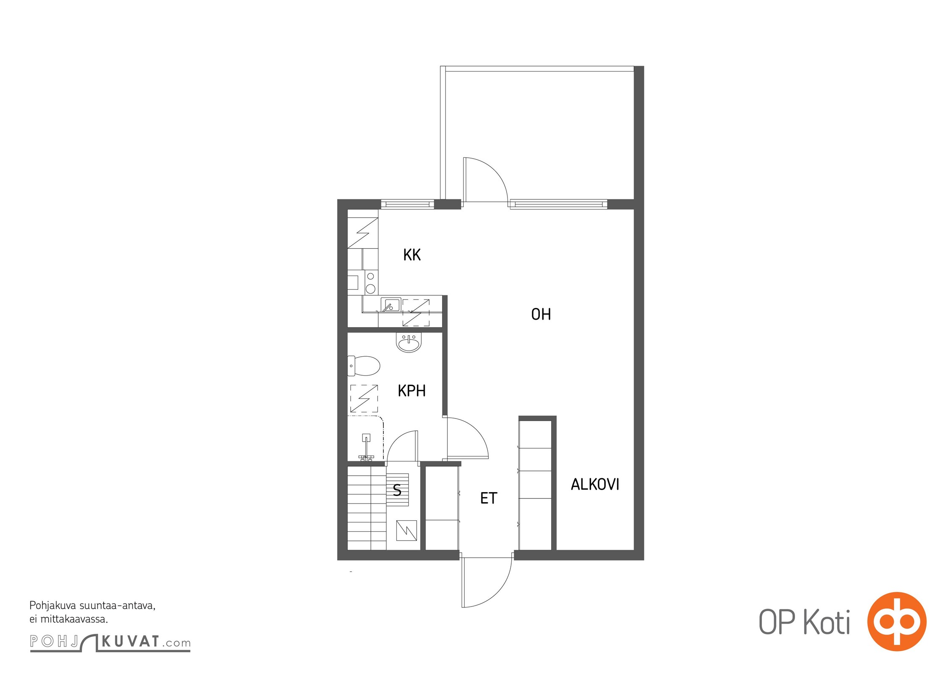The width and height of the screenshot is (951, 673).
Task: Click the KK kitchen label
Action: tap(412, 255)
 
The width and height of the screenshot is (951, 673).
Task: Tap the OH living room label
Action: tap(541, 314)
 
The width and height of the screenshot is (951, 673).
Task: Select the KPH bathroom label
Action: tap(412, 391)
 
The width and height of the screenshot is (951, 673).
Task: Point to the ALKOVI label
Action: tap(595, 485)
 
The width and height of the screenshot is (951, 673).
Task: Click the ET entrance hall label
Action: tap(489, 498)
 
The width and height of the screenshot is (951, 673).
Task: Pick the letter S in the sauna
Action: tap(397, 490)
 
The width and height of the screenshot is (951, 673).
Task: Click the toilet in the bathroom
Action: tap(364, 366)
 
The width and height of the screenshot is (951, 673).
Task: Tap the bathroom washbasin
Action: tap(409, 343)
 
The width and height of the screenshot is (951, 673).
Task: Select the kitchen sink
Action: tap(391, 305)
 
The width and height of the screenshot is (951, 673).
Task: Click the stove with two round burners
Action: tap(370, 283)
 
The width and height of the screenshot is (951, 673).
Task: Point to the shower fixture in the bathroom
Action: tap(366, 448)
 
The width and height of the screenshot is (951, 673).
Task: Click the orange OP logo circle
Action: tap(897, 621)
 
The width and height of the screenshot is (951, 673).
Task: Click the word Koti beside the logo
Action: tap(827, 622)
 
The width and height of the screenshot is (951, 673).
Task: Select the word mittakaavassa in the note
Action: tap(74, 619)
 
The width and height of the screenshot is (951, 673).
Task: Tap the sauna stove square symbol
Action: tap(407, 530)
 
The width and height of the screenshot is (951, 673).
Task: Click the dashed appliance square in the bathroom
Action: tap(364, 398)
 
